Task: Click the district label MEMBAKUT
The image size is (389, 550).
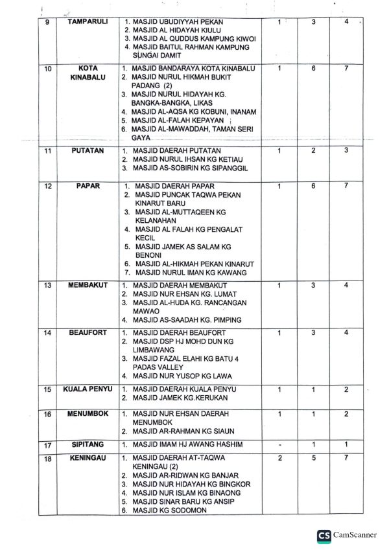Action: click(88, 285)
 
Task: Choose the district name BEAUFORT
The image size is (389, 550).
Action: click(88, 332)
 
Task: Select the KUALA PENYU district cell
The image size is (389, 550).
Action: click(88, 389)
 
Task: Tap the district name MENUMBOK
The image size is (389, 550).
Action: click(88, 413)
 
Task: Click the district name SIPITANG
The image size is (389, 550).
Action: click(88, 445)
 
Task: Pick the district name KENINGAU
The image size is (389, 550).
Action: click(88, 457)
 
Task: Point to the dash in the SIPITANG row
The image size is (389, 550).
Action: click(279, 444)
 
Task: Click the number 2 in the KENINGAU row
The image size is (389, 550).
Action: click(279, 458)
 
